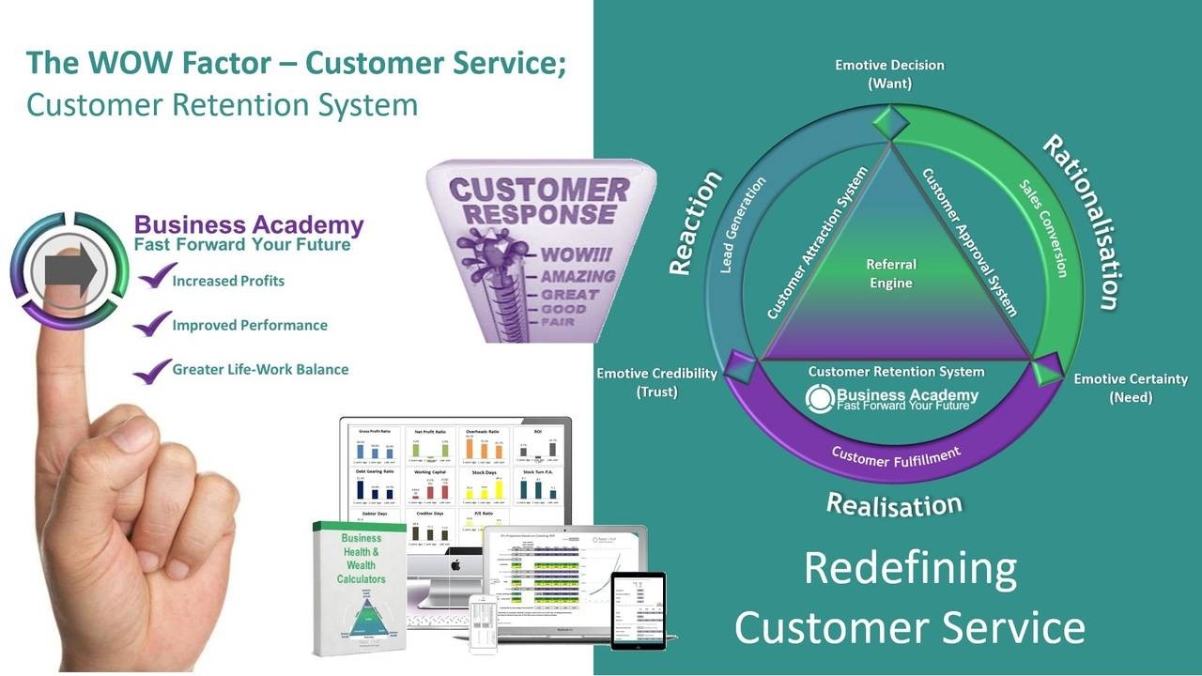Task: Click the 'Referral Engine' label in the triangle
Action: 890,273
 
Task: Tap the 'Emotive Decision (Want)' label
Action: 889,74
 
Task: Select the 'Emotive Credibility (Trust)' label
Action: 656,382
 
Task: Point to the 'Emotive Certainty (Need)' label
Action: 1131,388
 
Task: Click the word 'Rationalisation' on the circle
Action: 1081,223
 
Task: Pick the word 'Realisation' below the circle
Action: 894,504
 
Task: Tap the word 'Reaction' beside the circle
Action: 695,223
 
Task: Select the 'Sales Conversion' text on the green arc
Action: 1043,227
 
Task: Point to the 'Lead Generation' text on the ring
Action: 743,225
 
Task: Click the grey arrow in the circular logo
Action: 71,271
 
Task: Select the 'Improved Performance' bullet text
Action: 250,326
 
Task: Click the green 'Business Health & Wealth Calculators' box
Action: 359,587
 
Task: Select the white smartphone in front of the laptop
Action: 483,623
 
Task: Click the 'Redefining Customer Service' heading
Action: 909,597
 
